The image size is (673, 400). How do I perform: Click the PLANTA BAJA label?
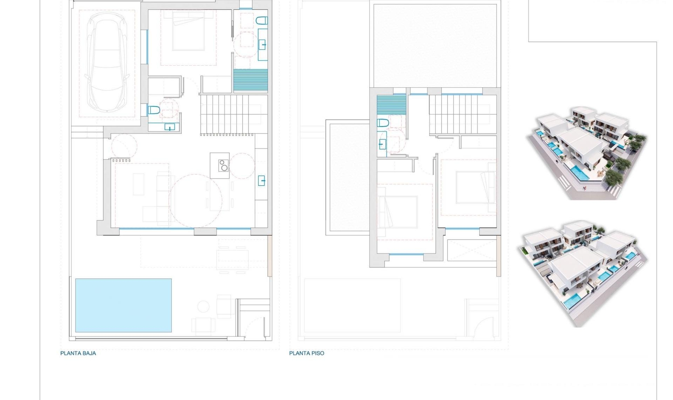(x=78, y=353)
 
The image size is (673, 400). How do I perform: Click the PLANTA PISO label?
(x=306, y=353)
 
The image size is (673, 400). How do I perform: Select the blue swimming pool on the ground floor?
(x=123, y=305)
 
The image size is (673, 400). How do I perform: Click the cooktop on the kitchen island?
(x=223, y=165)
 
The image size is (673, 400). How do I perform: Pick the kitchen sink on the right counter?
(x=261, y=181)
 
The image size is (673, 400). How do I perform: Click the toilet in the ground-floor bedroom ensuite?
(x=262, y=21)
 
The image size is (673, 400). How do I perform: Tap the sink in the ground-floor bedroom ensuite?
(x=262, y=45)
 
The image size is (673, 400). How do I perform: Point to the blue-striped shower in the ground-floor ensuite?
(x=251, y=80)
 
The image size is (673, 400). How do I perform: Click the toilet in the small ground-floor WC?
(x=154, y=110)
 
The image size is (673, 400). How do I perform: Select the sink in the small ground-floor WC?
(x=170, y=127)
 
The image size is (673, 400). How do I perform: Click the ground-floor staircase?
(x=228, y=114)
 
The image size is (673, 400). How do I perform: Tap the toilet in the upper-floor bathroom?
(x=383, y=123)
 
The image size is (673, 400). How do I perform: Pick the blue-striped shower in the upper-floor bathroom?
(x=392, y=104)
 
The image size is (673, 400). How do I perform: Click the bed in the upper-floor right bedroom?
(x=475, y=187)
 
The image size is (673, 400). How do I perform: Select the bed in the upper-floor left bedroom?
(x=400, y=212)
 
